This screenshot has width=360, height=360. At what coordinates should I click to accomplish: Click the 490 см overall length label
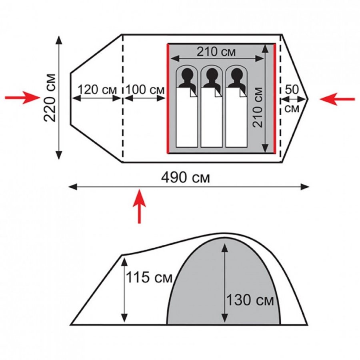tap(186, 178)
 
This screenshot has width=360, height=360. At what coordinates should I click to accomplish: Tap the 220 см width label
tap(50, 98)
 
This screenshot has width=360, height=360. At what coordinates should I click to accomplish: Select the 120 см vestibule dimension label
tap(97, 90)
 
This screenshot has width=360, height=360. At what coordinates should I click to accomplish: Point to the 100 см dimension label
tap(145, 90)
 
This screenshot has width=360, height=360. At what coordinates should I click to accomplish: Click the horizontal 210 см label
tap(216, 52)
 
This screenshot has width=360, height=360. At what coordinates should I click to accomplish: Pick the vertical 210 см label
tap(258, 108)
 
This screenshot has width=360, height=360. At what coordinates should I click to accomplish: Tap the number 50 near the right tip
tap(292, 90)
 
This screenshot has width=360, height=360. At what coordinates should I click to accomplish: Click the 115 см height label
tap(149, 277)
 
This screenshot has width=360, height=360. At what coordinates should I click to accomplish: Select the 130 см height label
tap(250, 300)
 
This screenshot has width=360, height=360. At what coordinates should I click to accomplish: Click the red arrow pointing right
tap(22, 98)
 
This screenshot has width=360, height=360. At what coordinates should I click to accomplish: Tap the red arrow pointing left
tap(337, 99)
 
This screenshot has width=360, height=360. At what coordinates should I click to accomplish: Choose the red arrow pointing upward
tap(139, 206)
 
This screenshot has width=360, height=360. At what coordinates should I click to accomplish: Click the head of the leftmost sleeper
tap(187, 75)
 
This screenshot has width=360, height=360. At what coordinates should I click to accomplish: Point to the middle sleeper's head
tap(212, 75)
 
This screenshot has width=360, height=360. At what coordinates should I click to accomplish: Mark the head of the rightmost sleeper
tap(237, 75)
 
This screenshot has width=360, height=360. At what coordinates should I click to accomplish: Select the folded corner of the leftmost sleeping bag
tap(193, 92)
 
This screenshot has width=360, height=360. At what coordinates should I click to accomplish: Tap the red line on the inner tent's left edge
tap(168, 98)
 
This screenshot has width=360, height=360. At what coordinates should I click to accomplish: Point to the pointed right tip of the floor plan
tap(308, 99)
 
